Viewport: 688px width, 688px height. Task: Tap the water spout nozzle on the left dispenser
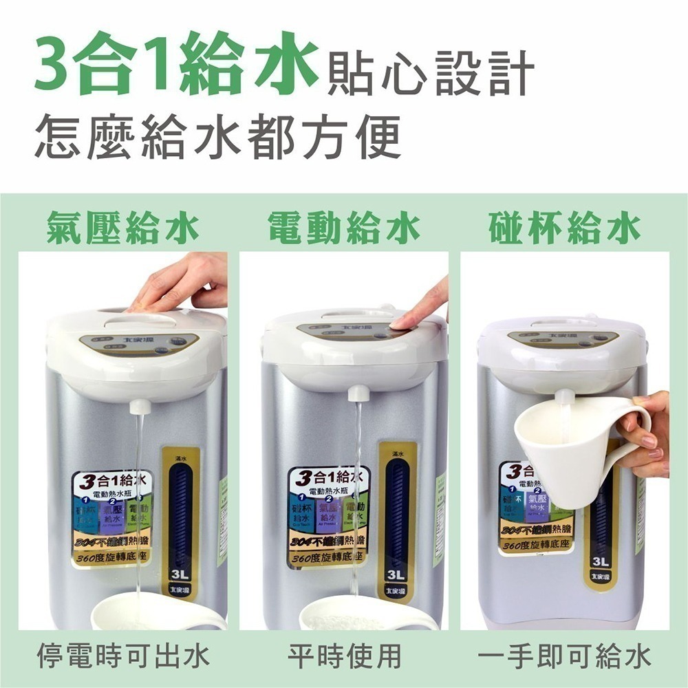tap(140, 405)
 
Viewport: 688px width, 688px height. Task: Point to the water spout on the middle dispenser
tap(358, 394)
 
